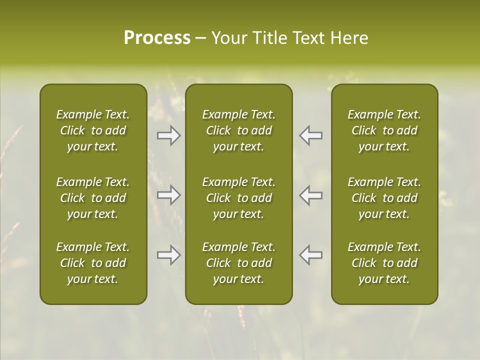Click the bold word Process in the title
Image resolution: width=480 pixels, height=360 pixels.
click(157, 38)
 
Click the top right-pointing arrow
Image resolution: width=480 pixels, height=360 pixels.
click(168, 135)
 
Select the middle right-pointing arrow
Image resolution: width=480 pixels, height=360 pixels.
click(168, 195)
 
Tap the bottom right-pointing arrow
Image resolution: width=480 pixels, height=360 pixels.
click(168, 255)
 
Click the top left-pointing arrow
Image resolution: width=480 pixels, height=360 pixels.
click(311, 135)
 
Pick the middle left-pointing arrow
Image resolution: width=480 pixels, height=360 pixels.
click(311, 195)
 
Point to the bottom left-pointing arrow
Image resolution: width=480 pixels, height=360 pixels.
click(311, 255)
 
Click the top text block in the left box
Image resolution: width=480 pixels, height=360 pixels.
click(93, 130)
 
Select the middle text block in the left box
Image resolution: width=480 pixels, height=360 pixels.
click(93, 198)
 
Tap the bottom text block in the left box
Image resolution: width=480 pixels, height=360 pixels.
click(93, 263)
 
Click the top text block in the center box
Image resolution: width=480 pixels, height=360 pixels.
click(239, 130)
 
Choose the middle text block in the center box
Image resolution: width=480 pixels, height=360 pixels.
click(239, 198)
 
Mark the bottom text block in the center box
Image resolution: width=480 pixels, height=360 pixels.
click(239, 263)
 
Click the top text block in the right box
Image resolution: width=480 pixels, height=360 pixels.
click(384, 130)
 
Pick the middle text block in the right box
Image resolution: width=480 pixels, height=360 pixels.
click(384, 198)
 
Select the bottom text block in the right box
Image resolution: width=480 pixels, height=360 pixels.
click(384, 263)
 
